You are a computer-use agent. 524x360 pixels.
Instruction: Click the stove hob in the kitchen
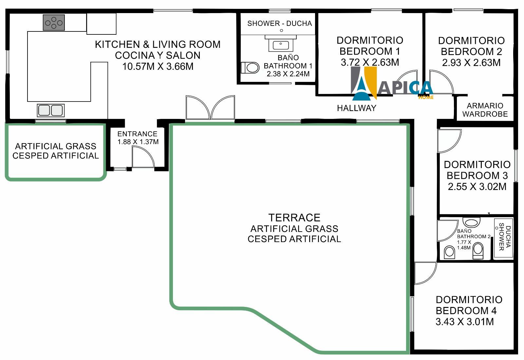click(x=54, y=23)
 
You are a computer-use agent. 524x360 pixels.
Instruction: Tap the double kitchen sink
click(x=51, y=110)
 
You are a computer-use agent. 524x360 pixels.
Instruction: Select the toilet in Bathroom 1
click(x=250, y=68)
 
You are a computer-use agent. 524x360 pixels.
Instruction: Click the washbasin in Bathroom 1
click(x=281, y=44)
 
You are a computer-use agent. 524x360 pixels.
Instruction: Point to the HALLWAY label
click(x=357, y=108)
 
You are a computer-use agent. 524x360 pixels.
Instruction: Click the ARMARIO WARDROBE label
click(x=485, y=110)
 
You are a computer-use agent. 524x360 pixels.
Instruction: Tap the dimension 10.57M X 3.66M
click(x=158, y=66)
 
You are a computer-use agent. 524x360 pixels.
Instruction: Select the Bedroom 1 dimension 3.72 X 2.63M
click(x=370, y=62)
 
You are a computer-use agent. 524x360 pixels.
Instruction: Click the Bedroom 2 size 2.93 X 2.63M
click(x=471, y=63)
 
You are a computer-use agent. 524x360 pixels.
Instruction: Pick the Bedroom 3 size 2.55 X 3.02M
click(x=477, y=186)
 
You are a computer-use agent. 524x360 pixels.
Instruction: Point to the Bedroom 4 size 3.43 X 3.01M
click(x=465, y=322)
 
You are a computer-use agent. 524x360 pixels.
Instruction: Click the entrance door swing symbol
click(x=143, y=157)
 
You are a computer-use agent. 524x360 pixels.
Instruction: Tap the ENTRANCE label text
click(x=137, y=134)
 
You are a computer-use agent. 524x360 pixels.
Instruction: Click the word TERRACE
click(x=294, y=218)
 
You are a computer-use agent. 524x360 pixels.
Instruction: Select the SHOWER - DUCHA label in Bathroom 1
click(x=280, y=23)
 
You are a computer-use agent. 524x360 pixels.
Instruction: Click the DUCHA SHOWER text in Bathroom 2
click(x=505, y=237)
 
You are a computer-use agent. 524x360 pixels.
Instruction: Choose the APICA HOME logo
click(x=392, y=84)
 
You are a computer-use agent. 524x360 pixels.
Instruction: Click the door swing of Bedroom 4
click(x=425, y=273)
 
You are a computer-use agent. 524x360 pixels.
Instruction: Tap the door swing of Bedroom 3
click(x=449, y=141)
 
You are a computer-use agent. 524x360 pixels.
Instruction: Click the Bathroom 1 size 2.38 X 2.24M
click(x=288, y=74)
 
